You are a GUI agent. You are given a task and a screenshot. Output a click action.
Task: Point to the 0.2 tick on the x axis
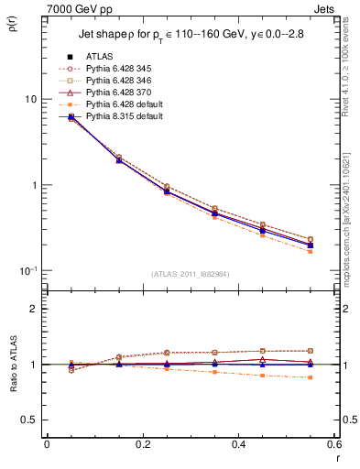(x=142, y=444)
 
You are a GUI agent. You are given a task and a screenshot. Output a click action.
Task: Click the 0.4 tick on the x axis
(x=238, y=444)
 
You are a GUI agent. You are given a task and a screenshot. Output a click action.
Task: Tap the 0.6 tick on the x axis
(x=333, y=444)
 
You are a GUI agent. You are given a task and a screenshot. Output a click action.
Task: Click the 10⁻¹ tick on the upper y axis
(x=27, y=270)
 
